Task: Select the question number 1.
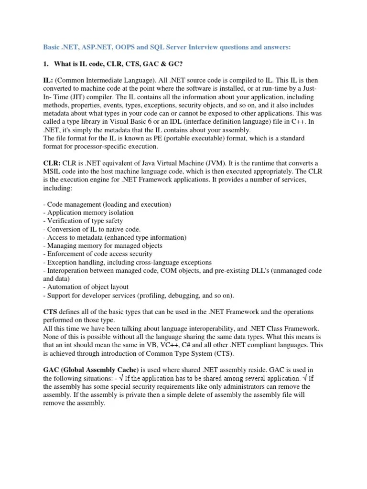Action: tap(46, 64)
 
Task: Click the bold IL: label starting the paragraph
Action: tap(48, 81)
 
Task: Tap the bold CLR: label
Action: tap(52, 163)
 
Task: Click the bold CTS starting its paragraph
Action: tap(50, 311)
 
